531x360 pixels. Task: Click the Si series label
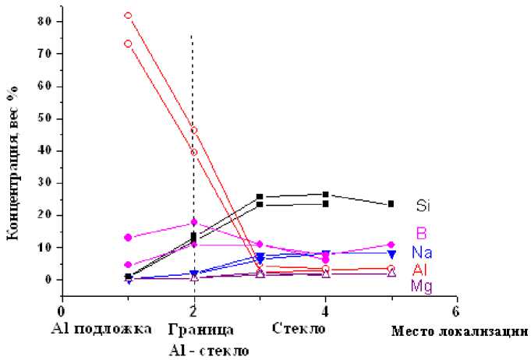click(423, 206)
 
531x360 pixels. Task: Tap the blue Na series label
click(422, 253)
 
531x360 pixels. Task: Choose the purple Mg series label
click(422, 286)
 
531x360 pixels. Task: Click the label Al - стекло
click(209, 350)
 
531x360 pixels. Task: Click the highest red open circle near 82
click(128, 15)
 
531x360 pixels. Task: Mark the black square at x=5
click(391, 204)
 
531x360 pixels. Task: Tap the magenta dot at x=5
click(391, 245)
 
